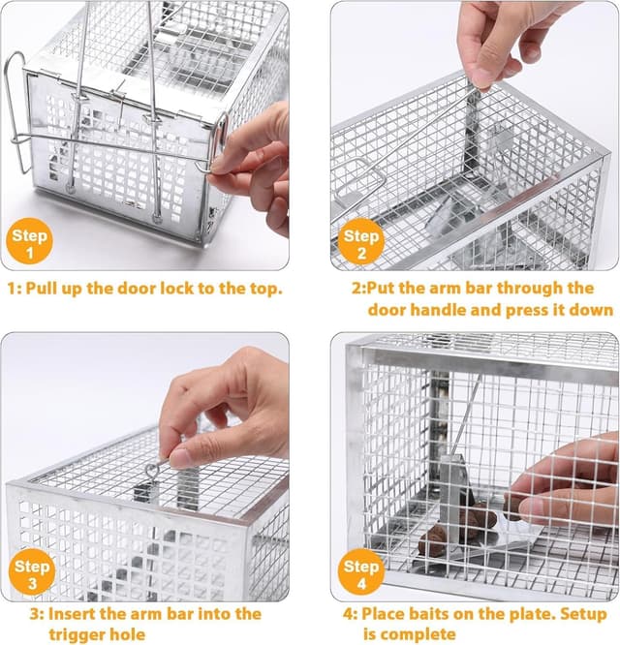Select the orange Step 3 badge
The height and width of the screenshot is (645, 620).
tap(32, 570)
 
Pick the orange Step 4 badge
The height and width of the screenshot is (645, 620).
tap(360, 570)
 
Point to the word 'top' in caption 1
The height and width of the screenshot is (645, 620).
tap(264, 289)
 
